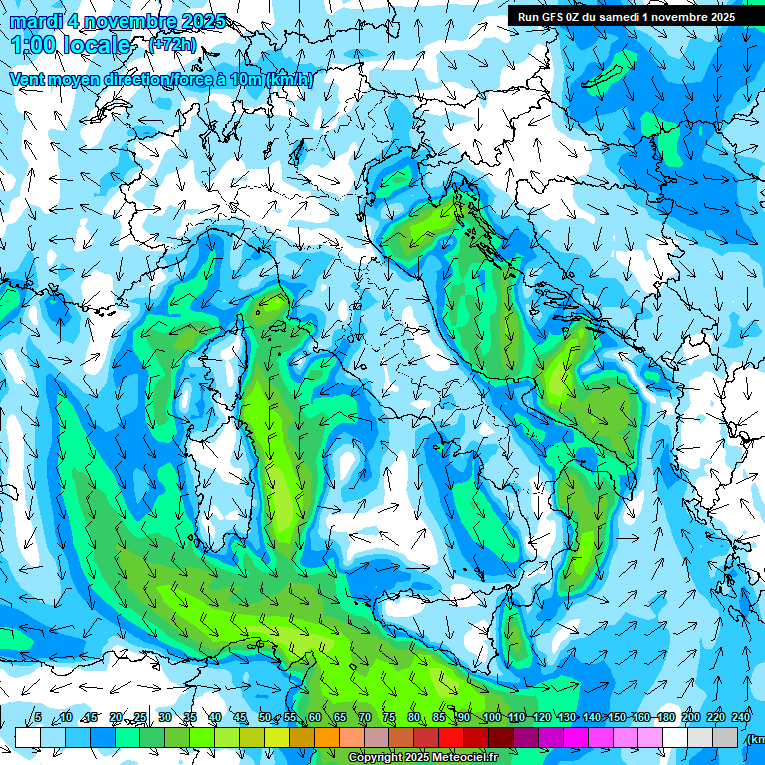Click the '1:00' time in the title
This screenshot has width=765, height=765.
(33, 45)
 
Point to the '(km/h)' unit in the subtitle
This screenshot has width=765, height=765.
(290, 79)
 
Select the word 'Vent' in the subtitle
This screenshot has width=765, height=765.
(28, 79)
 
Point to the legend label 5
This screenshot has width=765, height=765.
(38, 718)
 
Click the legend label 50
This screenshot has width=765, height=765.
(265, 718)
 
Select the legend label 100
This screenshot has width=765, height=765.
(491, 718)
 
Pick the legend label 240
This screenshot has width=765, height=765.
(741, 718)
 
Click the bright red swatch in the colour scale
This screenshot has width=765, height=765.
(451, 737)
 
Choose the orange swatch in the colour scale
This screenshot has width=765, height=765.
(302, 737)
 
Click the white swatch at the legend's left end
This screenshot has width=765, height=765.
(28, 737)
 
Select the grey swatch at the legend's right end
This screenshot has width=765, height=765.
(725, 737)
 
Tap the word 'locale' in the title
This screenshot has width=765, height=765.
(97, 45)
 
